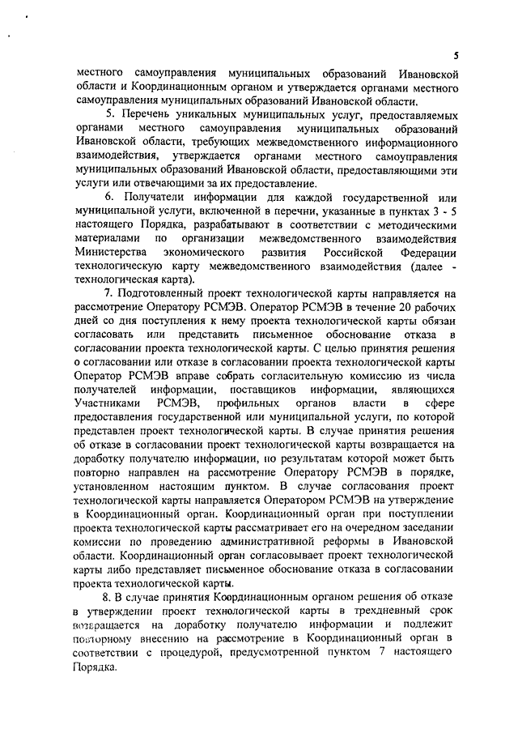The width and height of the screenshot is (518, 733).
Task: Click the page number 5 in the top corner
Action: [456, 55]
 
